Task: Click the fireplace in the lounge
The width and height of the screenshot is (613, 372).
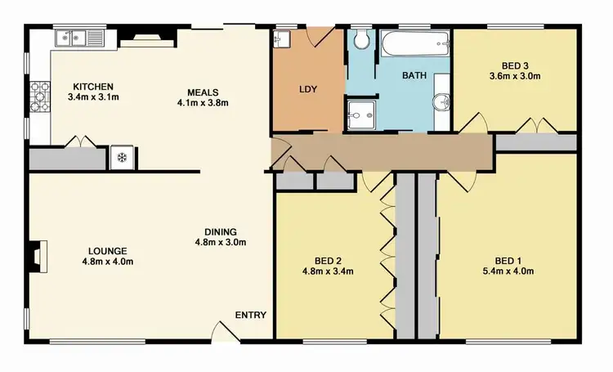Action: (x=36, y=256)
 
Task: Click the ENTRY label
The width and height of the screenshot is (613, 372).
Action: (x=249, y=315)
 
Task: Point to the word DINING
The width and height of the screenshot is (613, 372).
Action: (x=220, y=231)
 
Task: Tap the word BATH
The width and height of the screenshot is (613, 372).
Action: (x=414, y=75)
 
